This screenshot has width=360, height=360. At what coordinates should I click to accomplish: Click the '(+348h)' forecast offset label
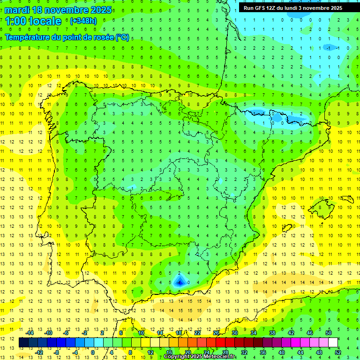[x=83, y=21]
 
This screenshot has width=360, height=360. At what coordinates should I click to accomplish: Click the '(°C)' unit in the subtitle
[x=122, y=37]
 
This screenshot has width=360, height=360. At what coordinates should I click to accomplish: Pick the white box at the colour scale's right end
[x=333, y=343]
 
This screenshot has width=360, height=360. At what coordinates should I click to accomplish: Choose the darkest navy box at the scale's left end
[x=23, y=343]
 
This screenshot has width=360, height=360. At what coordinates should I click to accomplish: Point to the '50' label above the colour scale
[x=328, y=333]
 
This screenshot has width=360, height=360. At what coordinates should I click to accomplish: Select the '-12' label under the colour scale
[x=39, y=352]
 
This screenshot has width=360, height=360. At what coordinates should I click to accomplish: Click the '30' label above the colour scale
[x=234, y=333]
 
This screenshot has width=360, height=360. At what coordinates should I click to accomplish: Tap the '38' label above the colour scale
[x=272, y=333]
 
